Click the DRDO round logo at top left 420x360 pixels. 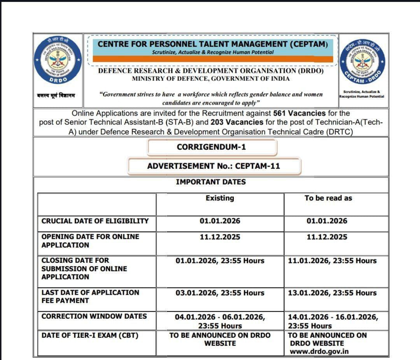pyautogui.click(x=58, y=60)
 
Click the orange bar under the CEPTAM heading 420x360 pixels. pyautogui.click(x=213, y=59)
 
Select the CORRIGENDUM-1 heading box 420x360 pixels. pyautogui.click(x=211, y=147)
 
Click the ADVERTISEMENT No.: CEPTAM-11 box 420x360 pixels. pyautogui.click(x=213, y=166)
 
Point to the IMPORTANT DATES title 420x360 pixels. pyautogui.click(x=211, y=182)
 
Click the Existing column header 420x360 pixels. pyautogui.click(x=220, y=198)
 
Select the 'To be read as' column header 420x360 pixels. pyautogui.click(x=328, y=198)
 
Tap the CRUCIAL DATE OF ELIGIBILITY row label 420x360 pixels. pyautogui.click(x=95, y=221)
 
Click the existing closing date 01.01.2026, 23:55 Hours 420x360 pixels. pyautogui.click(x=220, y=261)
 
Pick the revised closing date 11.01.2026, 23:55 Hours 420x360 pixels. pyautogui.click(x=332, y=261)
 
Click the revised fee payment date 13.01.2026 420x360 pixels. pyautogui.click(x=332, y=293)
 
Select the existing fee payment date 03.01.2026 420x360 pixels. pyautogui.click(x=220, y=293)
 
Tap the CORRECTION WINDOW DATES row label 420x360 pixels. pyautogui.click(x=94, y=316)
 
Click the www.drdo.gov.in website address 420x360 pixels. pyautogui.click(x=319, y=351)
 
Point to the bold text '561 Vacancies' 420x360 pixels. pyautogui.click(x=299, y=113)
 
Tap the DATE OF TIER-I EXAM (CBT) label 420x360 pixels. pyautogui.click(x=90, y=335)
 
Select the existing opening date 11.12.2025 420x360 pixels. pyautogui.click(x=220, y=237)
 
